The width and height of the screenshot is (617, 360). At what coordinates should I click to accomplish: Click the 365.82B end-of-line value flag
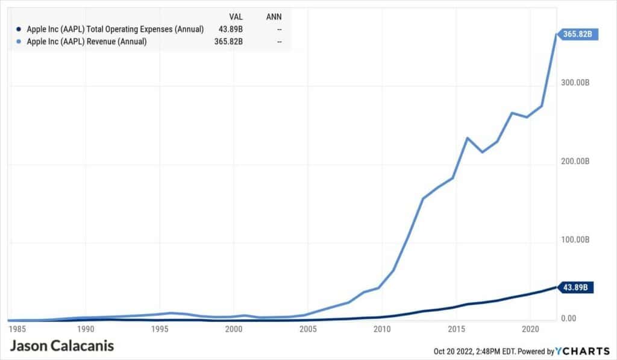578,34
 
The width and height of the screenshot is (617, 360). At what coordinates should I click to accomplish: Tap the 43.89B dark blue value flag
577,287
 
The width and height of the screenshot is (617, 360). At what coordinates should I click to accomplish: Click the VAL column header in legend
236,15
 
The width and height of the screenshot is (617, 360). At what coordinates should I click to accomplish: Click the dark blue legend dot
20,29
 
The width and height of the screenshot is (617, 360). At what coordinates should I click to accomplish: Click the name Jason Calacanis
62,346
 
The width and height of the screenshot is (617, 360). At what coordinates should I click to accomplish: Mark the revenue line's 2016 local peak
468,138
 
